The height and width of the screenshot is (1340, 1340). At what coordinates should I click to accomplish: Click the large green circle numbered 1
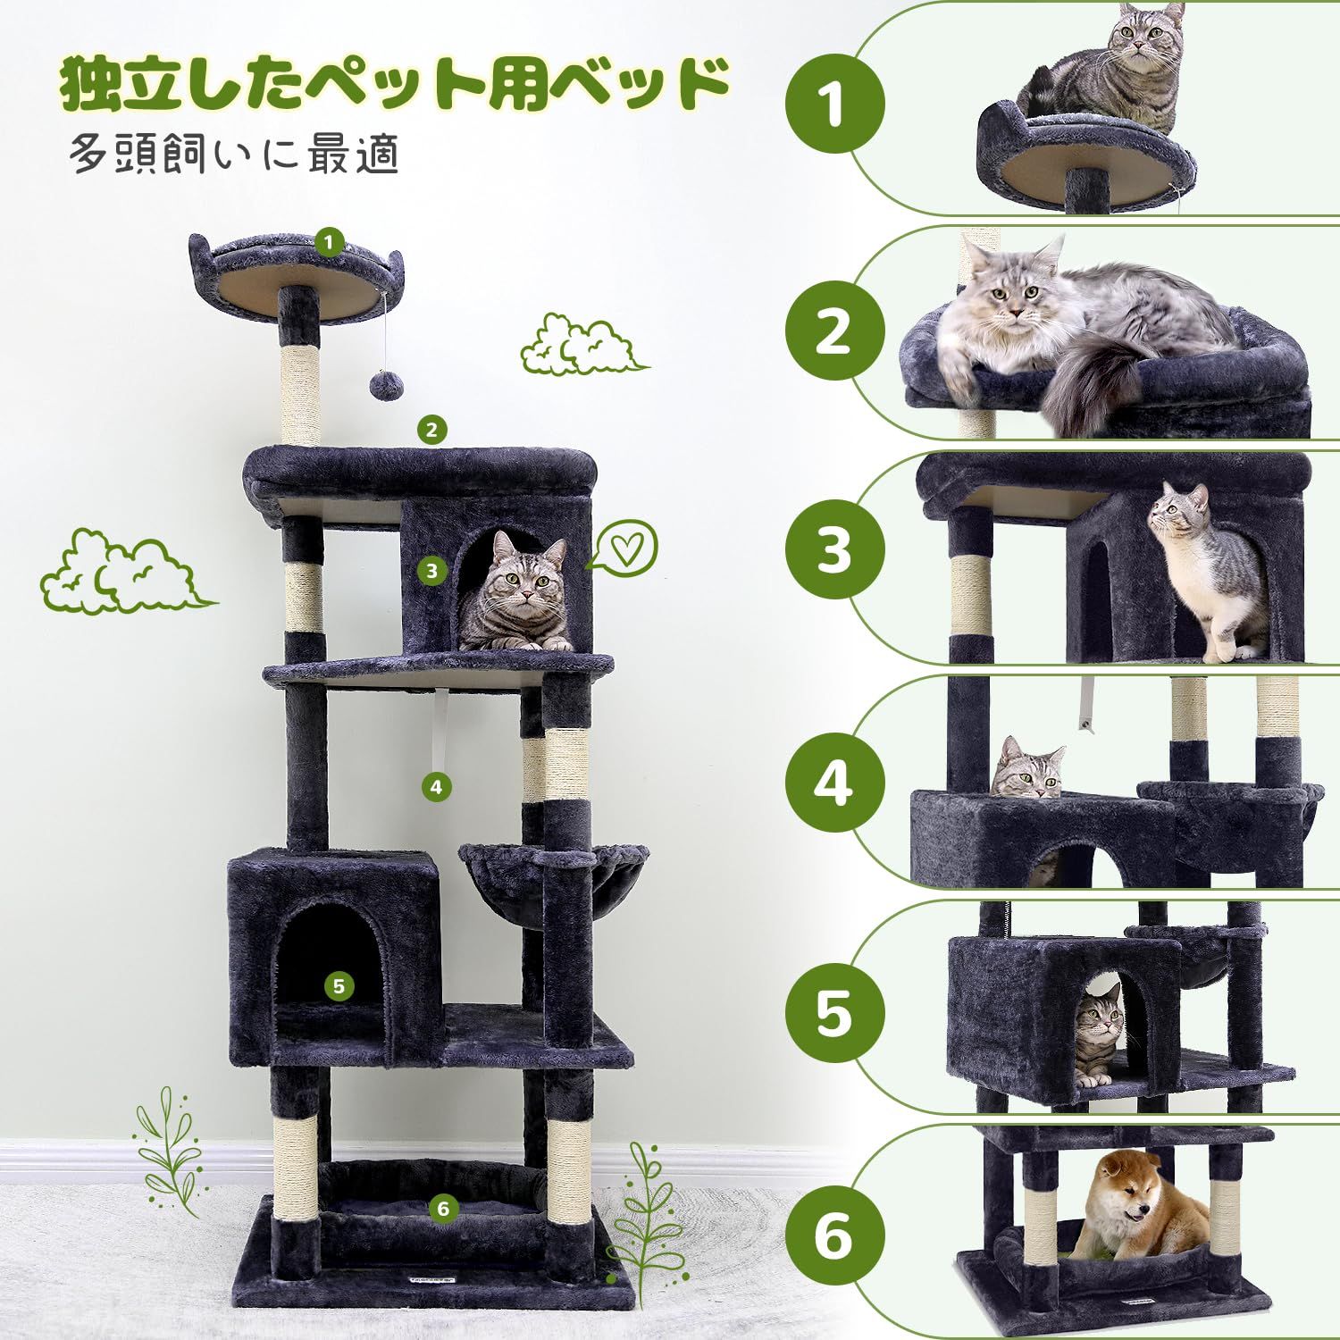pyautogui.click(x=834, y=105)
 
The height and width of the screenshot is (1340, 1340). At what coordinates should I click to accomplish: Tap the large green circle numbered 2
pyautogui.click(x=834, y=331)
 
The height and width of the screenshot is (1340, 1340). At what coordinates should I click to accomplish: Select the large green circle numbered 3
pyautogui.click(x=834, y=548)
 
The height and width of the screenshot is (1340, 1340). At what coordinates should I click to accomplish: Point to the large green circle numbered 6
pyautogui.click(x=834, y=1237)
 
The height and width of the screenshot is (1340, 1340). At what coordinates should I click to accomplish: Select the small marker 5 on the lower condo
pyautogui.click(x=338, y=986)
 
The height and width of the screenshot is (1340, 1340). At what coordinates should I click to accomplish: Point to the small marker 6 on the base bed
pyautogui.click(x=443, y=1209)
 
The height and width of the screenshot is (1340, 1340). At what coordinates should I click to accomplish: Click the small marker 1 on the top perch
pyautogui.click(x=330, y=241)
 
